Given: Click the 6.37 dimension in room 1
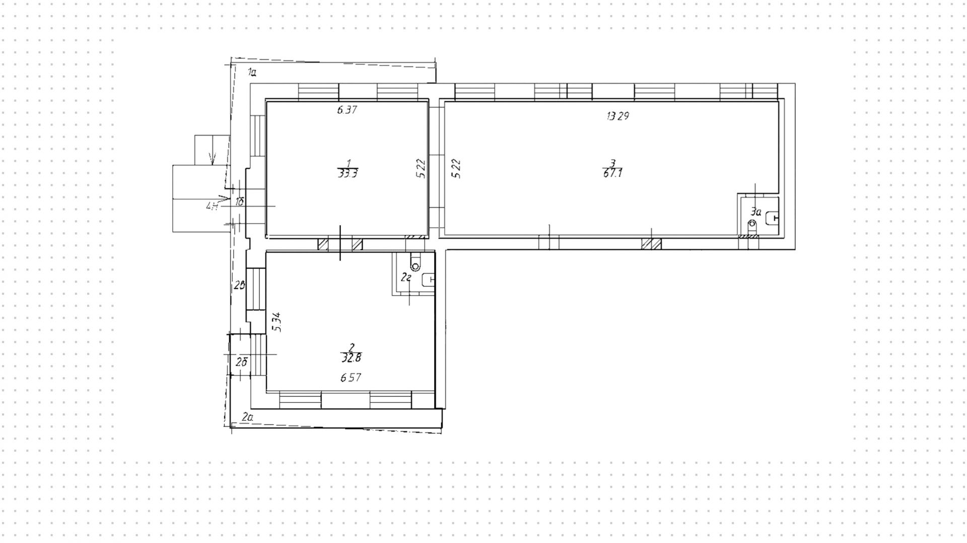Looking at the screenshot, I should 347,110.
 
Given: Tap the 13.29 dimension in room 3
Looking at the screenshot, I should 618,116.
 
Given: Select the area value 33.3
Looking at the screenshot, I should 348,174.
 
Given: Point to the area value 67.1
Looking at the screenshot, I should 612,173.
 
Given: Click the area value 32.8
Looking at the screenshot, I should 352,358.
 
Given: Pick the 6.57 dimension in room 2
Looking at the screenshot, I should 351,377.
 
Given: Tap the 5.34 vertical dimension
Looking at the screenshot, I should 277,322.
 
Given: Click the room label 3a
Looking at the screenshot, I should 756,212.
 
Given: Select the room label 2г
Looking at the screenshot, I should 406,277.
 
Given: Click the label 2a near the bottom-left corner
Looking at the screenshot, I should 247,417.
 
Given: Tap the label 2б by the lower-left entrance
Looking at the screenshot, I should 242,362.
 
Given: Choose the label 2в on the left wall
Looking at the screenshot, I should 240,286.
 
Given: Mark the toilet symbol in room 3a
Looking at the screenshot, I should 752,223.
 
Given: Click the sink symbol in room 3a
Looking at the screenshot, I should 772,219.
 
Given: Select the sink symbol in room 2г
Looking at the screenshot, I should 429,279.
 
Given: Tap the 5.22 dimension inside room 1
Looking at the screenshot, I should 422,168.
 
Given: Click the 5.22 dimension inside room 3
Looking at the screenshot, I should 457,168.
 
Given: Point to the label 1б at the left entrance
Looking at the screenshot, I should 240,202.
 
